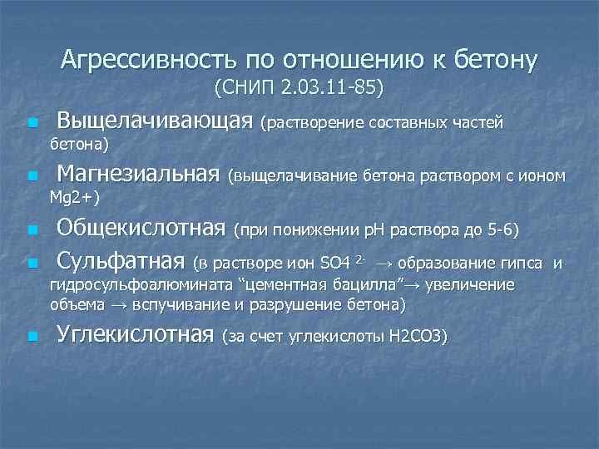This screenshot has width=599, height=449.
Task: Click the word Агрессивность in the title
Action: click(x=146, y=60)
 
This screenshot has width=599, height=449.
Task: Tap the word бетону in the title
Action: click(x=494, y=60)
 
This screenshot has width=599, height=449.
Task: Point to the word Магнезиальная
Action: click(x=139, y=175)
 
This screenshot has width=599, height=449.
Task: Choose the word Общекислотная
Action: click(x=141, y=229)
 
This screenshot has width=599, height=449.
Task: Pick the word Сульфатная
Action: click(x=120, y=264)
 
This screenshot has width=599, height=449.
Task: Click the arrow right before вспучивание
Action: click(x=117, y=305)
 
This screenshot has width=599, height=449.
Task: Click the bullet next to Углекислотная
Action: click(x=32, y=337)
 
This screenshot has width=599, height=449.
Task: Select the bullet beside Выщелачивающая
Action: click(x=32, y=124)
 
